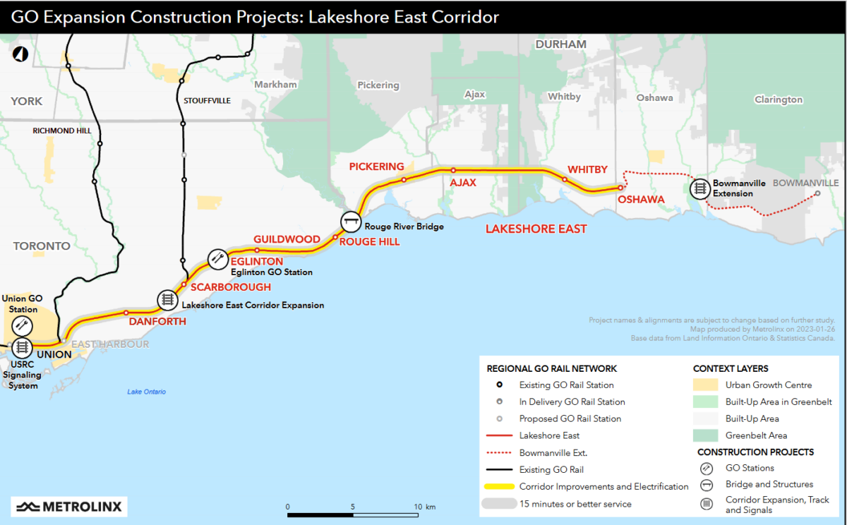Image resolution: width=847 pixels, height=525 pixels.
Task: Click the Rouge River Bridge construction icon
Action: [351, 222]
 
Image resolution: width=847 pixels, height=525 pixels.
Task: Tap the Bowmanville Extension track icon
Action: [699, 188]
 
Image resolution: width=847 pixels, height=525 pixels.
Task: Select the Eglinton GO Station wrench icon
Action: [217, 259]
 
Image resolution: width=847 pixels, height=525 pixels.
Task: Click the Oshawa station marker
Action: [620, 188]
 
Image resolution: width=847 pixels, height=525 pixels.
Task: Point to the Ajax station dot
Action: [453, 170]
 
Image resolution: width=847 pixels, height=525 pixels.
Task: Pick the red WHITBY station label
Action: [587, 169]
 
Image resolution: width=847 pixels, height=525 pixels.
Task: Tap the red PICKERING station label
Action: [376, 167]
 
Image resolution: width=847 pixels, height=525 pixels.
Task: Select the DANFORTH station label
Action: [157, 322]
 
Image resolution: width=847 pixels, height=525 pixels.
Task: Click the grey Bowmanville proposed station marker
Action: [817, 193]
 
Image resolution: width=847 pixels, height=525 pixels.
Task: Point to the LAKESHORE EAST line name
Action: [536, 229]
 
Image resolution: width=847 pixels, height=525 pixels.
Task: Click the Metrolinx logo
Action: [69, 506]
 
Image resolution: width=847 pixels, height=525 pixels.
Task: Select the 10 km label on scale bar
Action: [425, 507]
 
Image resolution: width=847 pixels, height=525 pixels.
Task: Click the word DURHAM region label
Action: [560, 44]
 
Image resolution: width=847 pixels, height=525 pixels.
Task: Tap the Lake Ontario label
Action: [146, 392]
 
